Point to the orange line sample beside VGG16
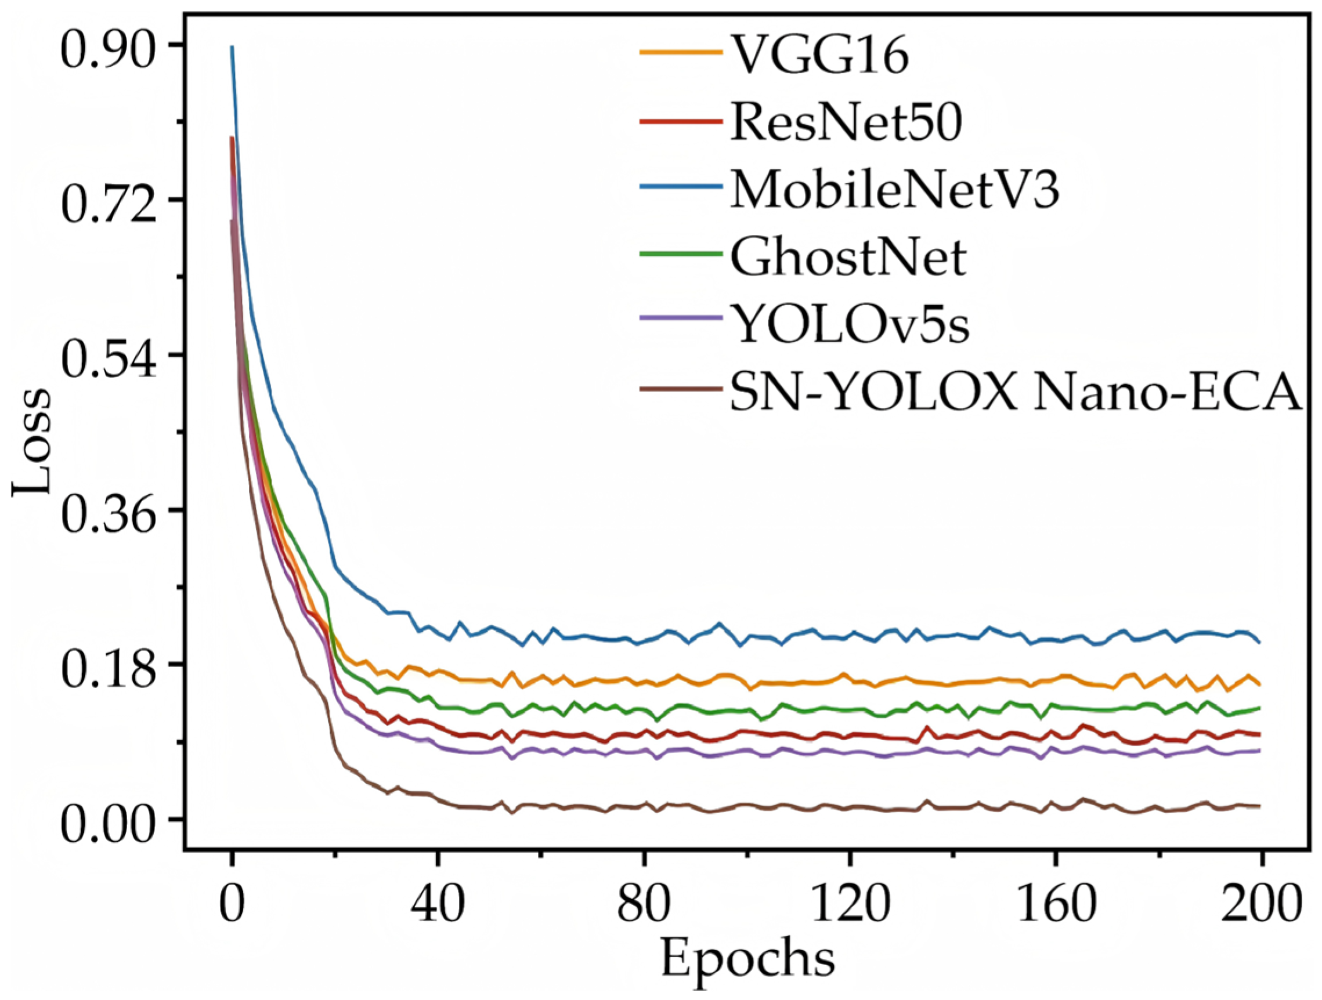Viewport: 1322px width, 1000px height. [x=680, y=53]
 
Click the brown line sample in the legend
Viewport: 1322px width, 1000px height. [x=680, y=389]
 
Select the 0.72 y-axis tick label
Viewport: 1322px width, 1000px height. [x=107, y=201]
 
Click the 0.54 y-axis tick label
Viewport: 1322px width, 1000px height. [x=107, y=357]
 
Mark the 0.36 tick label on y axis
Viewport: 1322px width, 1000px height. [x=107, y=512]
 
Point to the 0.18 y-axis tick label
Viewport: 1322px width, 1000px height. [x=107, y=666]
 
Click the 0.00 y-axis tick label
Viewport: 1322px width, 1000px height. [x=107, y=821]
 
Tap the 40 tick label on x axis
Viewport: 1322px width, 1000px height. [x=438, y=902]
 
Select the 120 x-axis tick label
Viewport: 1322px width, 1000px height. [x=849, y=902]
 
